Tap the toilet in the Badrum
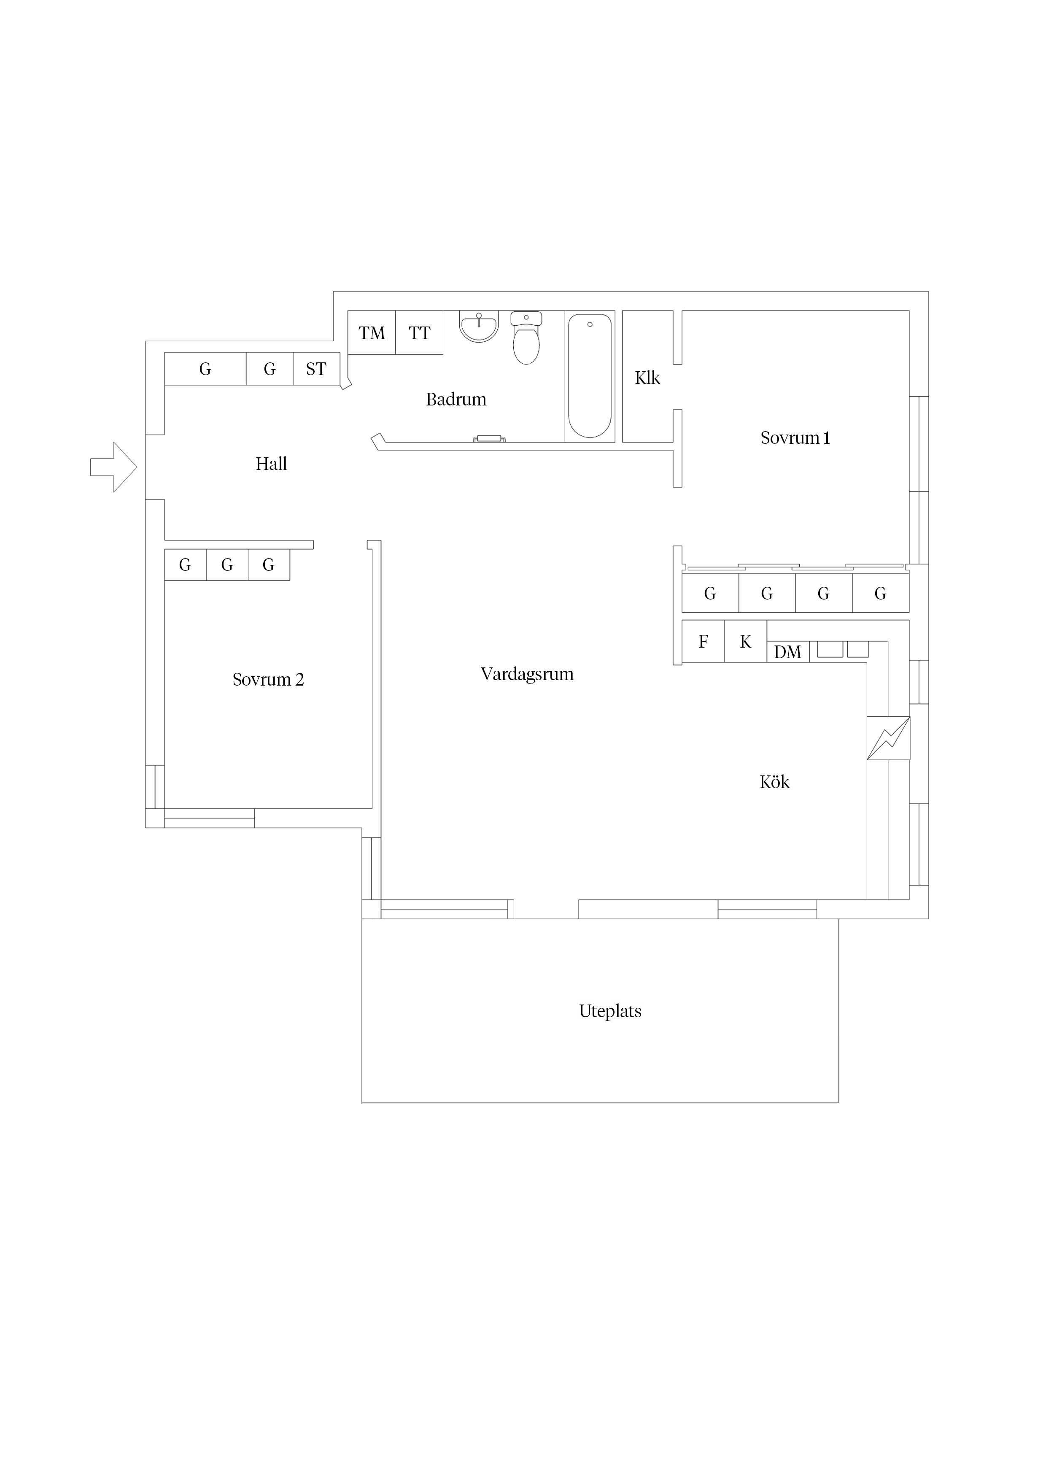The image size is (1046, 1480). click(526, 338)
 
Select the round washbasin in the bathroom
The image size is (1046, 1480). click(479, 327)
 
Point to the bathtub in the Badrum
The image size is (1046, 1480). click(590, 376)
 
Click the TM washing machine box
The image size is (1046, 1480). click(372, 332)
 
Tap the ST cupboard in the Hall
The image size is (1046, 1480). click(316, 369)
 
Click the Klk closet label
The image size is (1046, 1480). click(647, 378)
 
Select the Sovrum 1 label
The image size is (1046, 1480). click(795, 438)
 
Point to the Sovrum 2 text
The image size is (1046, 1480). click(268, 679)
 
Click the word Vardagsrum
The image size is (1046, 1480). click(527, 674)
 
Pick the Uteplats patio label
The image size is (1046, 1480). click(610, 1011)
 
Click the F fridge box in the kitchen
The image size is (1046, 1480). click(703, 641)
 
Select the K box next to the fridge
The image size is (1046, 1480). click(746, 641)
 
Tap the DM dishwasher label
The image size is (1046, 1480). click(787, 652)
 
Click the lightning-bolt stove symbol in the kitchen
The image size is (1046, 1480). click(888, 738)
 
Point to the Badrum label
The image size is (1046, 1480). click(456, 400)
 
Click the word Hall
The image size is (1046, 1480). click(271, 464)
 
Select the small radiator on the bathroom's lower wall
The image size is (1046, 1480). click(489, 439)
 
